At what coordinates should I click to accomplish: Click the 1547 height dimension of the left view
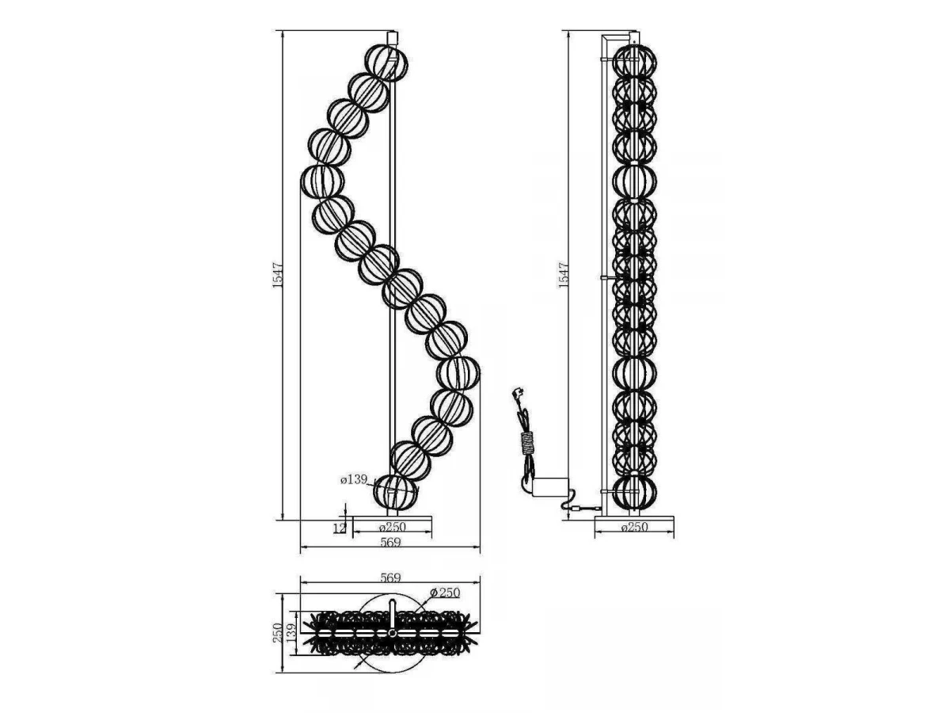tap(278, 275)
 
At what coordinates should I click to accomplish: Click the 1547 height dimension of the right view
tap(563, 275)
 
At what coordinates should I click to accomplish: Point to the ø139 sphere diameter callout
tap(354, 479)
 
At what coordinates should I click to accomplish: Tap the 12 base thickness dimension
tap(340, 528)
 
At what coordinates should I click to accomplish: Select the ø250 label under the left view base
tap(393, 528)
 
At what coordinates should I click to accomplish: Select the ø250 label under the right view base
tap(634, 528)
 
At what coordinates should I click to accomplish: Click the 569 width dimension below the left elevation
tap(391, 542)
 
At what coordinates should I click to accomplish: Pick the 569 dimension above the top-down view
tap(391, 578)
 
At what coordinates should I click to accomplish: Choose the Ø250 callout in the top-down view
tap(445, 593)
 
